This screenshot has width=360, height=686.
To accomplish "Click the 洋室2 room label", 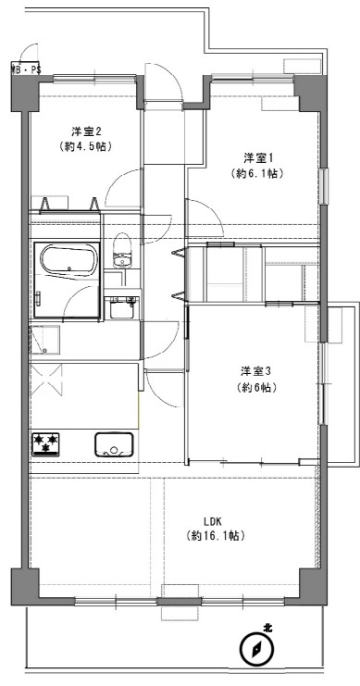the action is pos(87,131).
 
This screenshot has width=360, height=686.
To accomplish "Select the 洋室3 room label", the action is pos(256,371).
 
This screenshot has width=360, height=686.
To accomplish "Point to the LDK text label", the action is pos(214,521).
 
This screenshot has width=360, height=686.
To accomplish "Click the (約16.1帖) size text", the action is pos(214,535).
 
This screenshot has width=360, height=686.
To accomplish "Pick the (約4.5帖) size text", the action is pos(86,146).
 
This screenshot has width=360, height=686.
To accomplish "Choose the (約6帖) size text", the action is pos(256,387).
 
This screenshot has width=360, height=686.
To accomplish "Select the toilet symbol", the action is pos(122,250).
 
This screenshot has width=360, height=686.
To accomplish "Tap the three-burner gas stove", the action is pos(45,444).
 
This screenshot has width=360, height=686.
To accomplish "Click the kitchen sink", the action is pos(114,444).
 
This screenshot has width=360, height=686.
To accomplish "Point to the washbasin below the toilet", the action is pos(122,308).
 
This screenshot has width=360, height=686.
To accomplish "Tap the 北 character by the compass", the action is pos(267,629).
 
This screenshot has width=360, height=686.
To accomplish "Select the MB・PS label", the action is pos(25,69).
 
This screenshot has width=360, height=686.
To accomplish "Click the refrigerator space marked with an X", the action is pos(46,379).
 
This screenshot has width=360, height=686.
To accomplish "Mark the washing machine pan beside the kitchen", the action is pos(44,340).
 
